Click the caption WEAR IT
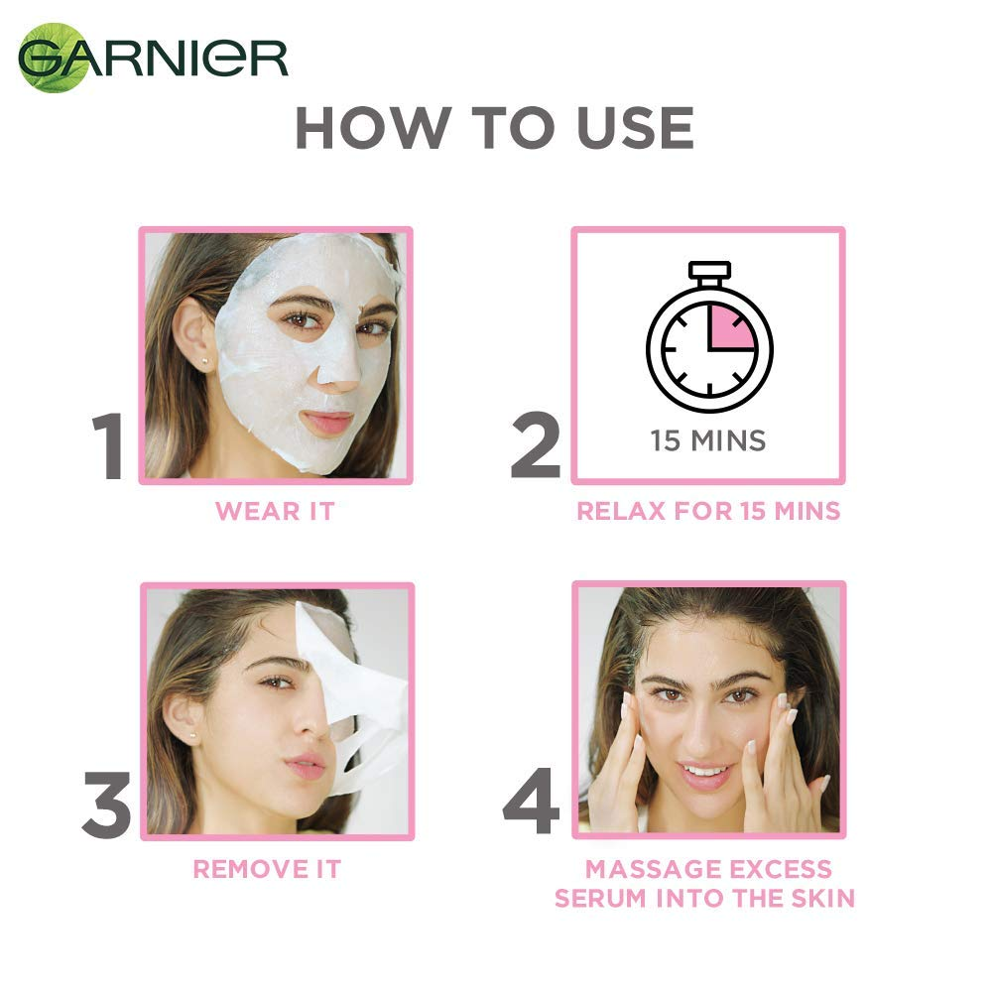[276, 512]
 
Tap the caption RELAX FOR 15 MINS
[708, 512]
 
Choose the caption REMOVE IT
[267, 870]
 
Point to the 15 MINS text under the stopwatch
[708, 439]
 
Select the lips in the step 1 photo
[327, 422]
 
